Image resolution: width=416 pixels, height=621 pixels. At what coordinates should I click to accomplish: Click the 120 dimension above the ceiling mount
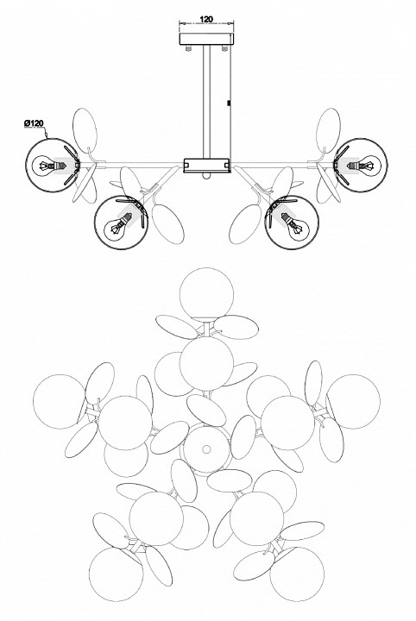point(206,19)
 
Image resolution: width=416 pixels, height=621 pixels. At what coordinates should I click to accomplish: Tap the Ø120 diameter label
point(34,123)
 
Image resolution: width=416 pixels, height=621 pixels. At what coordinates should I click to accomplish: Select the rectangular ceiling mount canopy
point(206,39)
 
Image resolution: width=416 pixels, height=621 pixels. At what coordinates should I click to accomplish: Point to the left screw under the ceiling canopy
point(189,48)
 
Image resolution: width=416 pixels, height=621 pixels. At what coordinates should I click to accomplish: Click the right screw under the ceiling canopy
point(224,48)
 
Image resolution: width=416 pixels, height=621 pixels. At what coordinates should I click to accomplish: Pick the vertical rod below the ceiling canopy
point(207,102)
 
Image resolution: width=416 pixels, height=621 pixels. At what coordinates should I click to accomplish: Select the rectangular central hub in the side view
point(207,166)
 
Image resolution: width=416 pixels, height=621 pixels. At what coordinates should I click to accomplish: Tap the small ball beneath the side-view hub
point(206,176)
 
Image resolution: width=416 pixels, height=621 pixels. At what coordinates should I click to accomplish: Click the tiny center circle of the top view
point(206,449)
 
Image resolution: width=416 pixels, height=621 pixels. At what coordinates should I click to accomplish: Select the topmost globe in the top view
point(206,294)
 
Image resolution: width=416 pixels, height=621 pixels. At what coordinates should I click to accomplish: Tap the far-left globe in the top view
point(60,401)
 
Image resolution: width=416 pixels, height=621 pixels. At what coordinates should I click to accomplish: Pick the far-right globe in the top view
point(353,402)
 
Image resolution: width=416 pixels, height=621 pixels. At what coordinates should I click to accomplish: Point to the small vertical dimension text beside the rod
point(229,103)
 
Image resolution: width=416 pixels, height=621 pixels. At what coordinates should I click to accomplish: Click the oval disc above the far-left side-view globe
point(85,131)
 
